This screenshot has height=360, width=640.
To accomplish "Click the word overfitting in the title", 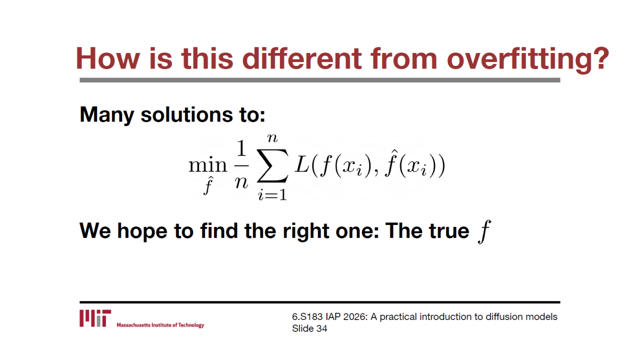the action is pyautogui.click(x=528, y=58).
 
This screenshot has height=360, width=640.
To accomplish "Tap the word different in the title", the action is pyautogui.click(x=302, y=58).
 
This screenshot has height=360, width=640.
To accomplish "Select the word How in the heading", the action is pyautogui.click(x=107, y=58).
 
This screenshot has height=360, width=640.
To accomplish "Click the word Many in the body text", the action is pyautogui.click(x=106, y=115).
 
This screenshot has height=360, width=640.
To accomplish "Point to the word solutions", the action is pyautogui.click(x=187, y=114).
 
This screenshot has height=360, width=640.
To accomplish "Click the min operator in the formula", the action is pyautogui.click(x=207, y=165).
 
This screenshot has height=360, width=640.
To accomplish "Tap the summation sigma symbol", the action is pyautogui.click(x=272, y=165).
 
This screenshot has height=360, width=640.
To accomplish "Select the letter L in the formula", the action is pyautogui.click(x=302, y=165).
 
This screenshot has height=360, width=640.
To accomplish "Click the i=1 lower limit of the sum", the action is pyautogui.click(x=272, y=195).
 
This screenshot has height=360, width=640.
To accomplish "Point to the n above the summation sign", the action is pyautogui.click(x=272, y=138).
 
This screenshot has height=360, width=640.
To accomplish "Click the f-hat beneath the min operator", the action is pyautogui.click(x=208, y=185).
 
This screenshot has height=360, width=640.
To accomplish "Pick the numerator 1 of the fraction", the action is pyautogui.click(x=241, y=148).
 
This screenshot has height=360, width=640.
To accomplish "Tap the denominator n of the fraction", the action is pyautogui.click(x=241, y=182).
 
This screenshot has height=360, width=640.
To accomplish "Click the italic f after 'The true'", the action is pyautogui.click(x=484, y=231).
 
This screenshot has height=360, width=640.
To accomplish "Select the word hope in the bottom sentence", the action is pyautogui.click(x=142, y=231).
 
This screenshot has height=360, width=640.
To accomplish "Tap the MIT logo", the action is pyautogui.click(x=95, y=318).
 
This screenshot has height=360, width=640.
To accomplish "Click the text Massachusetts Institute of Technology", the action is pyautogui.click(x=160, y=325).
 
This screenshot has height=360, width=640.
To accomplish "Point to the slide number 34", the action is pyautogui.click(x=321, y=328).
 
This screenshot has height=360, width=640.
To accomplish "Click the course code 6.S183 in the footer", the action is pyautogui.click(x=307, y=317).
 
